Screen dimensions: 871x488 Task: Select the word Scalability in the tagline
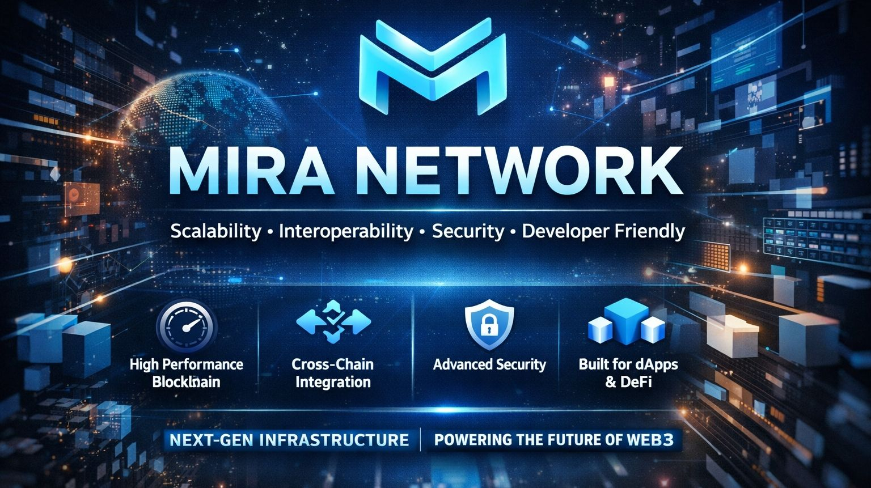pos(215,231)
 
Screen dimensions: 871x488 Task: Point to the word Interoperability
pos(346,231)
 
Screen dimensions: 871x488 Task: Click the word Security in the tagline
pos(468,231)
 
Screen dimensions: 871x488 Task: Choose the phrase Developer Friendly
pos(603,231)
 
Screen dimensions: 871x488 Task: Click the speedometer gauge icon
pos(186,328)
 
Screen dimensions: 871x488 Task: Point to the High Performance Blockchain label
pos(186,372)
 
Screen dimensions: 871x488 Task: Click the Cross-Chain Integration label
pos(333,372)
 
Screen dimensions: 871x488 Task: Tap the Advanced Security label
pos(489,364)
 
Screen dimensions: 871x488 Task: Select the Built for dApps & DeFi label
pos(628,372)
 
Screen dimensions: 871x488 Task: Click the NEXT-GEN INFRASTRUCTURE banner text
pos(289,440)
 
